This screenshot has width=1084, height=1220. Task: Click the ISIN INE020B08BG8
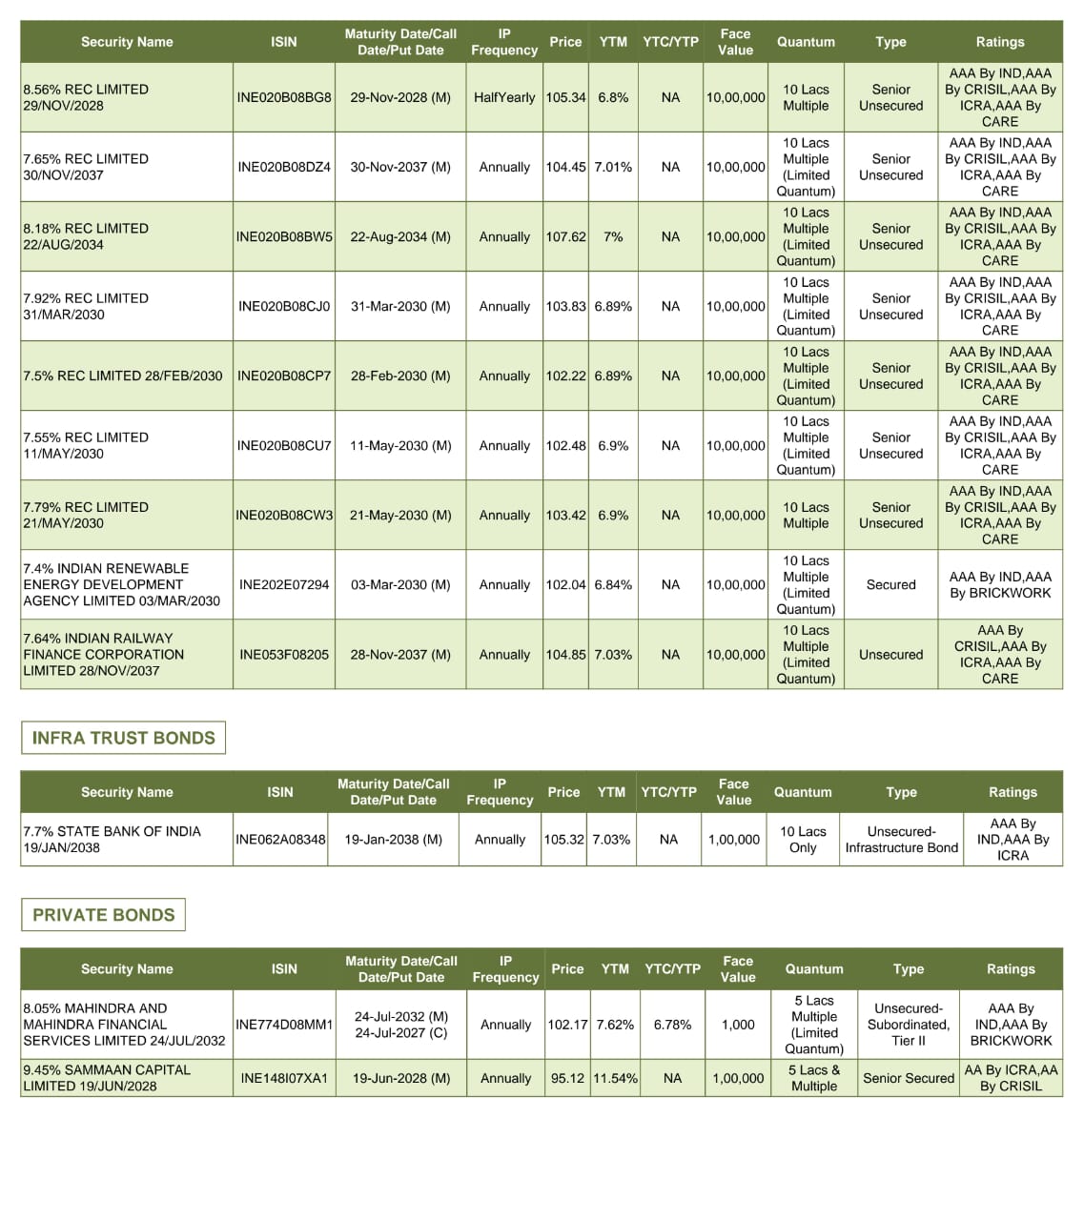click(x=284, y=97)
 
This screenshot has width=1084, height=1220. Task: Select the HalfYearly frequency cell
click(x=504, y=97)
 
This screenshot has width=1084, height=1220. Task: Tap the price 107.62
click(x=565, y=236)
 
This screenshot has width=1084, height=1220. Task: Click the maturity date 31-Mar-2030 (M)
click(x=400, y=306)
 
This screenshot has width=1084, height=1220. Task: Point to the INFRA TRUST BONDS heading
click(x=123, y=738)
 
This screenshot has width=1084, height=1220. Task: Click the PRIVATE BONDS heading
click(x=103, y=915)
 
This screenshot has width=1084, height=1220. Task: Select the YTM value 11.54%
click(x=615, y=1078)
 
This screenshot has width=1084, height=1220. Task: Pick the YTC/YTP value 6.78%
click(x=672, y=1025)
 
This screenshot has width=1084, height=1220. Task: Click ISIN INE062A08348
click(x=280, y=840)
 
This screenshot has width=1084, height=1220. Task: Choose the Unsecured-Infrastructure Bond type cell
click(x=901, y=839)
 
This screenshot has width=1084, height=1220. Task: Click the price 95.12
click(x=567, y=1078)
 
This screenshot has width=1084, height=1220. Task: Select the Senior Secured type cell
click(x=908, y=1078)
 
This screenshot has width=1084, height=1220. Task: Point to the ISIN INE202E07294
click(x=284, y=584)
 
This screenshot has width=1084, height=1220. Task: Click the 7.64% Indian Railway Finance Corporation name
click(x=103, y=654)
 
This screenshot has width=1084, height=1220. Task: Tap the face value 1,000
click(x=738, y=1025)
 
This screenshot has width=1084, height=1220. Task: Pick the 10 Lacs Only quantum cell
click(x=803, y=839)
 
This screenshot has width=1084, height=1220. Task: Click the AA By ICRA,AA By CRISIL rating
click(x=1011, y=1078)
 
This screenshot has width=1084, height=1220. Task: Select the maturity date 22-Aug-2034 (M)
click(x=400, y=236)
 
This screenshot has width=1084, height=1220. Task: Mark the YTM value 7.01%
click(x=613, y=167)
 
